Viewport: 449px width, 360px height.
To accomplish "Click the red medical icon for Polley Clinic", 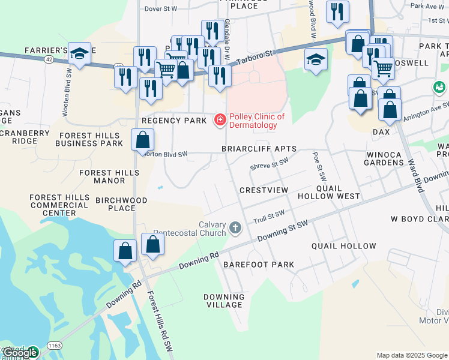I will (x=220, y=121).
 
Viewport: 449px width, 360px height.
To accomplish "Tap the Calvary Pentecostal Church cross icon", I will (x=235, y=228).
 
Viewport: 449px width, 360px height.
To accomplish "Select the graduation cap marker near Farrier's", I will (x=79, y=54).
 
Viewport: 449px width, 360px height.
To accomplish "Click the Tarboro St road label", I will (x=253, y=58).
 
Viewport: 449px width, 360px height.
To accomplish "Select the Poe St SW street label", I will (x=318, y=167).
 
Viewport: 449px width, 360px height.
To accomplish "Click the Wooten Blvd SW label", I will (x=67, y=90).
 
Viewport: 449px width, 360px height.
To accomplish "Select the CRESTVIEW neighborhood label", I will (x=264, y=190).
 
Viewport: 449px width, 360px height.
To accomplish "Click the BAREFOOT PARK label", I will (x=259, y=265).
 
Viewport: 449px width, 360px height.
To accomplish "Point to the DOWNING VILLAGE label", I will (x=224, y=301).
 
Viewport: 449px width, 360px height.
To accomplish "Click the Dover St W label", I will (x=161, y=9).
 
